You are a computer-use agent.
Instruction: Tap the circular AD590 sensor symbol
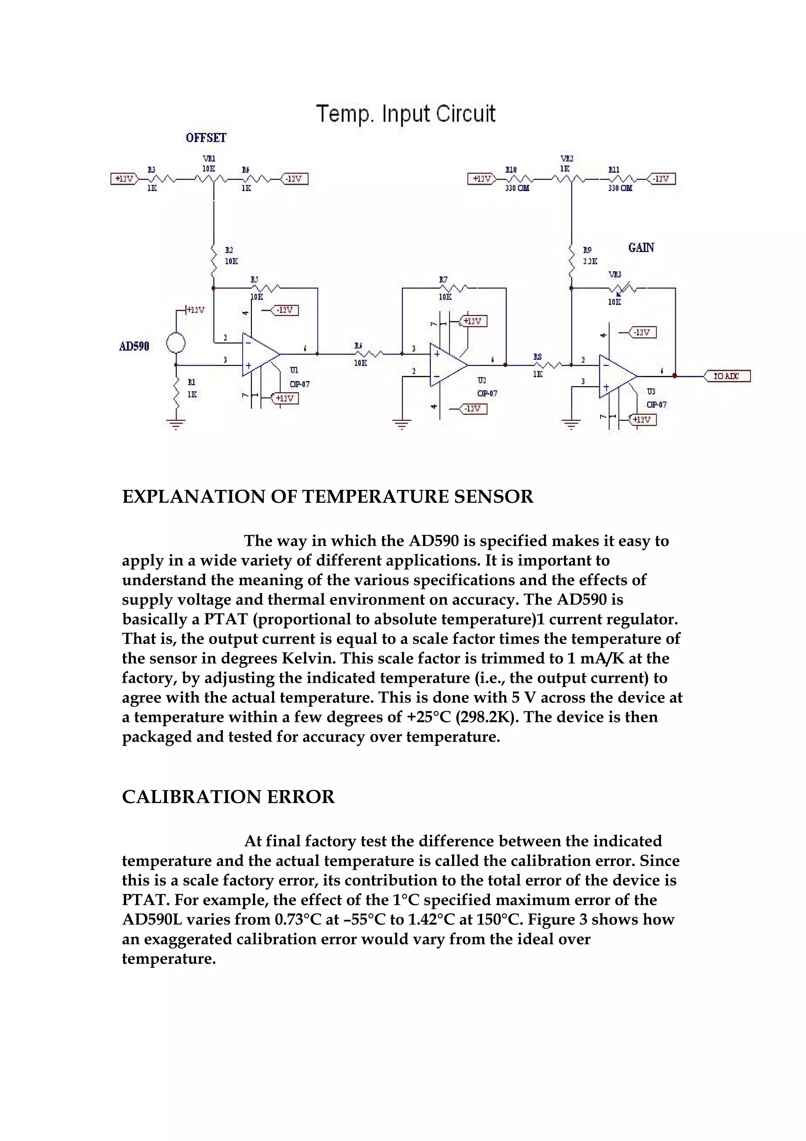click(176, 343)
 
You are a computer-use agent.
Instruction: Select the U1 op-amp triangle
click(259, 354)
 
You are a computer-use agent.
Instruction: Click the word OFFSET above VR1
click(205, 138)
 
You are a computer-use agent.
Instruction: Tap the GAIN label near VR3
click(641, 248)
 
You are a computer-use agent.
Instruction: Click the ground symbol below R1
click(176, 424)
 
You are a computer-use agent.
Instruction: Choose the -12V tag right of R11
click(662, 178)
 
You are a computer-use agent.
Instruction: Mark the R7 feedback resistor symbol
click(451, 288)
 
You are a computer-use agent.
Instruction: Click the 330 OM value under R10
click(517, 188)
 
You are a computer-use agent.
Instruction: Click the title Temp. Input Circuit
click(405, 114)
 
